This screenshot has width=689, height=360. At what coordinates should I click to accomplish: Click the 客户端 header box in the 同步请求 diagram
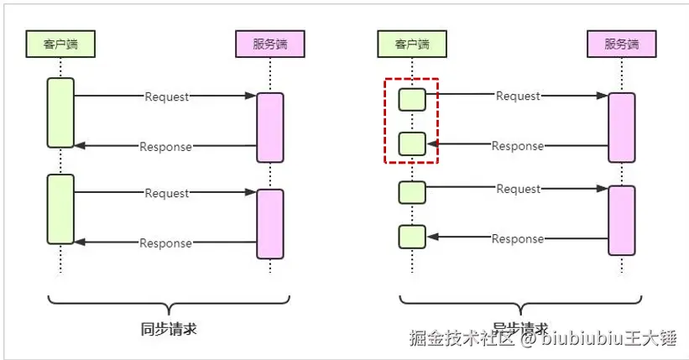(60, 44)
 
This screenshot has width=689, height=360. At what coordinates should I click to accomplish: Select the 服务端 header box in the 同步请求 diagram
(269, 44)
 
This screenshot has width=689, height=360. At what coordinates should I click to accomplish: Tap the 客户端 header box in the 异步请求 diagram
(411, 44)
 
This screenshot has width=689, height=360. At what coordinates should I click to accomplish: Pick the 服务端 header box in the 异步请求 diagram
(621, 44)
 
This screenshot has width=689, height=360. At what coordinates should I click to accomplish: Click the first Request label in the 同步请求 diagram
(167, 97)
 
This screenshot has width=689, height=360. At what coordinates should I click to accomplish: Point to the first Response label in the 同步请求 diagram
(165, 147)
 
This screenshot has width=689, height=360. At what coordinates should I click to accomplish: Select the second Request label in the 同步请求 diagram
(167, 193)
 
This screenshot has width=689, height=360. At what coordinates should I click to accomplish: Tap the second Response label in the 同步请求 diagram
(165, 243)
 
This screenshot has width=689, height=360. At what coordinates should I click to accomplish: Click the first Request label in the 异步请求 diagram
(518, 96)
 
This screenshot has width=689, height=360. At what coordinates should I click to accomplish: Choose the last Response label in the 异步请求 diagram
(518, 239)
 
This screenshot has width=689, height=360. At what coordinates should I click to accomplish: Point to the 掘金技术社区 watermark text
(461, 339)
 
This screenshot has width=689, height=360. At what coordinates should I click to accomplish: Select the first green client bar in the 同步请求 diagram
(60, 113)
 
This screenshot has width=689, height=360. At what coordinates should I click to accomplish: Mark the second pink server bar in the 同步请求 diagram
(269, 223)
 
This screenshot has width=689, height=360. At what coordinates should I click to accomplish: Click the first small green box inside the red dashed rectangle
(412, 99)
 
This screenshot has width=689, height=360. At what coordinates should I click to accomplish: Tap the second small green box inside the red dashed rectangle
(412, 143)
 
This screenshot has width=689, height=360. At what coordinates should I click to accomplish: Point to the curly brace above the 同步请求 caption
(169, 304)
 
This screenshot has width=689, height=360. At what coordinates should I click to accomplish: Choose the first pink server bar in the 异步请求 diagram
(621, 127)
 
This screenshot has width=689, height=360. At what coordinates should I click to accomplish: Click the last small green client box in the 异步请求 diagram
(412, 237)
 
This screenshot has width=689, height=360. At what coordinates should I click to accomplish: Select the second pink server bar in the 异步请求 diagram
(621, 220)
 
